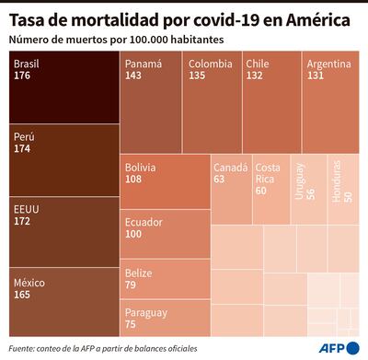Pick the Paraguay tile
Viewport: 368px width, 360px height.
click(165, 317)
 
